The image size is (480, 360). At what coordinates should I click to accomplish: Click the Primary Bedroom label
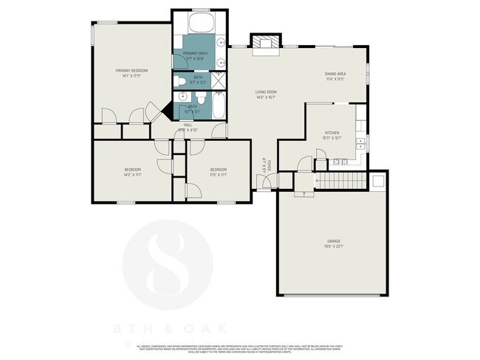(x=131, y=71)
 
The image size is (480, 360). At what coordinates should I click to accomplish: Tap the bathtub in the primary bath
(x=200, y=21)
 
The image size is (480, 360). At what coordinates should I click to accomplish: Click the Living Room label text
(x=266, y=91)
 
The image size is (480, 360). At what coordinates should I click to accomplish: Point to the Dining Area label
(x=335, y=75)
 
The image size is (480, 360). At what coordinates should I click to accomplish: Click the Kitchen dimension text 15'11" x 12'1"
(x=330, y=138)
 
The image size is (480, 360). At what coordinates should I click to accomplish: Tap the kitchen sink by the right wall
(x=360, y=140)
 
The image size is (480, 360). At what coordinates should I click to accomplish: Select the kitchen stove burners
(x=340, y=162)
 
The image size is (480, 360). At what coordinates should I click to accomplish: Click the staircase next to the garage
(x=340, y=181)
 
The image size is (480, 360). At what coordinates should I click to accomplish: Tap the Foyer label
(x=270, y=164)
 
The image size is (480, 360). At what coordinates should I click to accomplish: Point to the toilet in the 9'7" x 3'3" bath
(x=180, y=80)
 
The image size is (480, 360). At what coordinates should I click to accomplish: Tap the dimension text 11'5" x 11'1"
(x=218, y=175)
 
